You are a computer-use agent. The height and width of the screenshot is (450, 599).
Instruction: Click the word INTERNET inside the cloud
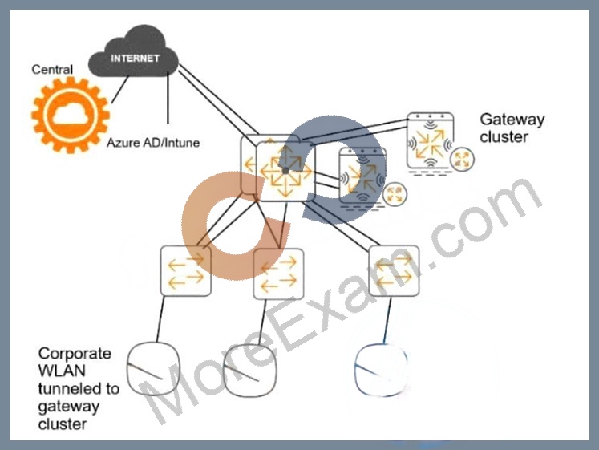point(135,58)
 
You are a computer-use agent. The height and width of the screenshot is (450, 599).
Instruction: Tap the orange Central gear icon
point(71,115)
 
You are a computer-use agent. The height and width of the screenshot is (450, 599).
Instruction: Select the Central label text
point(52,70)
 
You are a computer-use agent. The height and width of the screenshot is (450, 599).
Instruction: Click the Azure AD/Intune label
point(153,143)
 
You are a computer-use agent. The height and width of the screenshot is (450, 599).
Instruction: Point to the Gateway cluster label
point(512,128)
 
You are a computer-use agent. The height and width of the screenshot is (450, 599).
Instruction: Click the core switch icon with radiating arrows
point(285,171)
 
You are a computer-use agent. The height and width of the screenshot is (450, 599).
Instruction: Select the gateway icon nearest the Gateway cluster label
point(431,141)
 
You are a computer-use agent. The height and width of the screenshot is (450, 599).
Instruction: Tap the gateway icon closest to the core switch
point(362,176)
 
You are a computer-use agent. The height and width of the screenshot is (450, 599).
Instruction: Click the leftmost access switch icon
point(186,271)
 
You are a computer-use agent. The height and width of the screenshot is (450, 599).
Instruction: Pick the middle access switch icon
point(279,274)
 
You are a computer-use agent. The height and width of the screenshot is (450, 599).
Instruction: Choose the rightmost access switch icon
point(394,271)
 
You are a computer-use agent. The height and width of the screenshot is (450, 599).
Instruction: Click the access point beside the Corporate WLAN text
point(153,369)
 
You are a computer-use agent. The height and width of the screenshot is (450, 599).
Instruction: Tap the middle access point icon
point(249,370)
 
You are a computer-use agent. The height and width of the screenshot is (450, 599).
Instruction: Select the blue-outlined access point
point(380,370)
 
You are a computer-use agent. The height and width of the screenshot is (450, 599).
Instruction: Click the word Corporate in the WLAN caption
point(75,354)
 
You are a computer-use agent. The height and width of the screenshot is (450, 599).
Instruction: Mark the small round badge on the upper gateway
point(462,160)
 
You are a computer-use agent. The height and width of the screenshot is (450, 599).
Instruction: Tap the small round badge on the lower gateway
point(395,194)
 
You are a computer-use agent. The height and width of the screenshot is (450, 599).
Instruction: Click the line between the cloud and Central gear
point(120,89)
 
